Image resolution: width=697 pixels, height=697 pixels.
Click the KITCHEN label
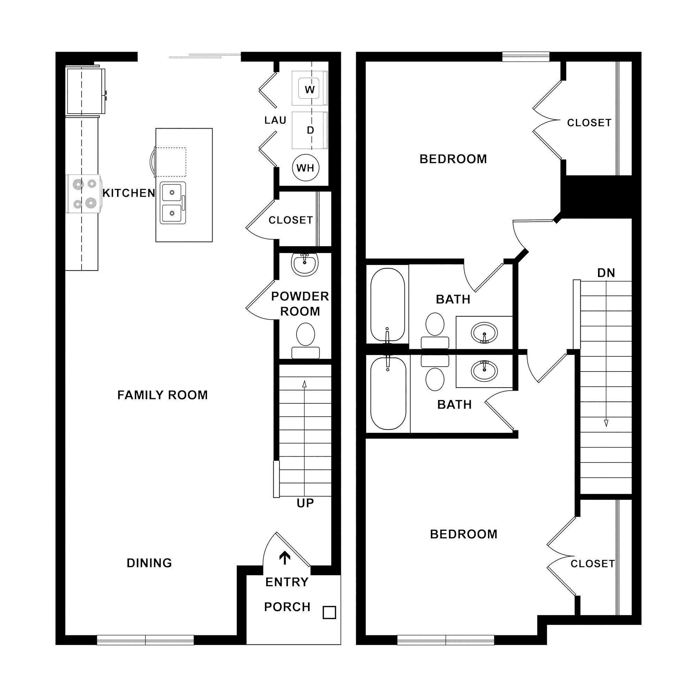click(129, 193)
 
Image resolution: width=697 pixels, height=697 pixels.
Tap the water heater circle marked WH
click(305, 168)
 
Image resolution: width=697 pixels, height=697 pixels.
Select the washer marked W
click(309, 89)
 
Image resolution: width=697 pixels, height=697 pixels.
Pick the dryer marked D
click(310, 130)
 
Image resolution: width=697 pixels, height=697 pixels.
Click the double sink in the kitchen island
click(173, 203)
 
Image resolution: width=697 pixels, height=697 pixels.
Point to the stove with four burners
click(83, 194)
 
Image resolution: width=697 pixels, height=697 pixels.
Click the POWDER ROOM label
click(300, 304)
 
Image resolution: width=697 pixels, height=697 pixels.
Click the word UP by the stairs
click(305, 503)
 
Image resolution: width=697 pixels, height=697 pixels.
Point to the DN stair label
click(606, 273)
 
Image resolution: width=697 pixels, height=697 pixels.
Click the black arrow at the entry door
click(285, 558)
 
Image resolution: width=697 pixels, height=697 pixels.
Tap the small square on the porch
click(329, 613)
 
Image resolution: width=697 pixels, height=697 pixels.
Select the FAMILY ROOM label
click(162, 395)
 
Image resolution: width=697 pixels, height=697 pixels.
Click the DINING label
click(150, 563)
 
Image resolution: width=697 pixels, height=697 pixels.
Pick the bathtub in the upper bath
click(388, 304)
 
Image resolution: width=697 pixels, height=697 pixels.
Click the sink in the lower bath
click(484, 370)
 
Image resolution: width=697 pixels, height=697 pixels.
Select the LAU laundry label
click(275, 120)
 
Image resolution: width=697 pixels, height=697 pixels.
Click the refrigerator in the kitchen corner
click(85, 91)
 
